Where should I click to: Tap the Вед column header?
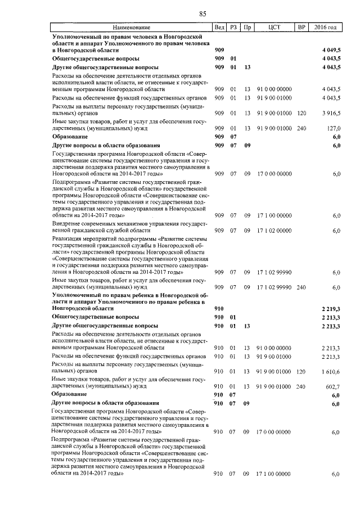pyautogui.click(x=219, y=28)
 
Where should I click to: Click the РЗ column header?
pyautogui.click(x=233, y=28)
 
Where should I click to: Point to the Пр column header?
pyautogui.click(x=247, y=28)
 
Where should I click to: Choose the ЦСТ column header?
pyautogui.click(x=274, y=28)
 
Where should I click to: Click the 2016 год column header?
pyautogui.click(x=326, y=28)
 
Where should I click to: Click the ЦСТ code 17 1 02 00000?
pyautogui.click(x=274, y=231)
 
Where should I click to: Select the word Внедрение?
pyautogui.click(x=66, y=224)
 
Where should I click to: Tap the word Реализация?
pyautogui.click(x=67, y=239)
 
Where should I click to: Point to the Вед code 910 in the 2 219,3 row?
pyautogui.click(x=219, y=309)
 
